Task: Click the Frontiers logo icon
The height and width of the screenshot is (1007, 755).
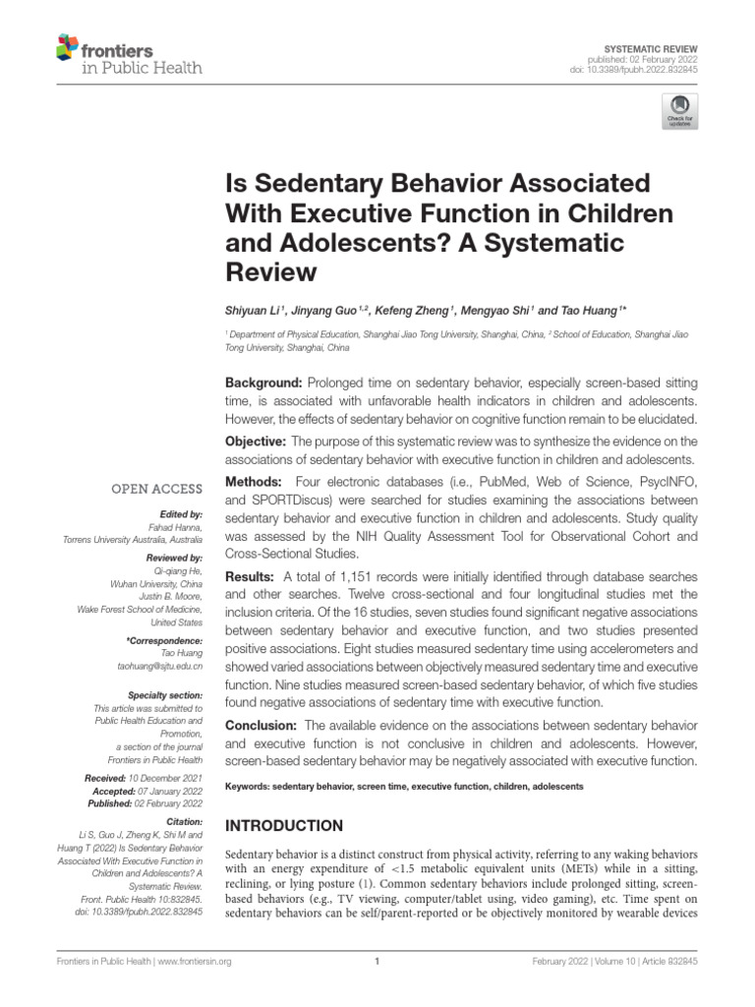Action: point(67,47)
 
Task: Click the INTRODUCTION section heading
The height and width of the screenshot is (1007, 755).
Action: point(285,825)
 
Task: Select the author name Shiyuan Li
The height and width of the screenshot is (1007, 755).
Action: point(252,312)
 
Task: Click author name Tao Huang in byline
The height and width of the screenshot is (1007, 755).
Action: point(593,312)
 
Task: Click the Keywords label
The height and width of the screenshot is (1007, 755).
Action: point(248,787)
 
